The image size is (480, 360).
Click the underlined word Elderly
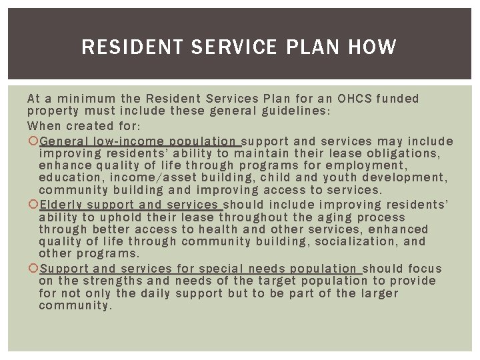62,205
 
